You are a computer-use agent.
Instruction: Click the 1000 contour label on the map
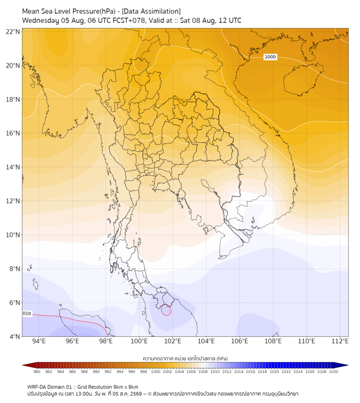pos(270,57)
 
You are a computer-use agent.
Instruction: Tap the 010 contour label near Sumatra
pos(27,313)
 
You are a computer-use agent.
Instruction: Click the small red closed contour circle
pos(166,310)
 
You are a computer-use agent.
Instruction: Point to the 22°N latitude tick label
pos(13,31)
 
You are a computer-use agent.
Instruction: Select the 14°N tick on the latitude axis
pos(13,167)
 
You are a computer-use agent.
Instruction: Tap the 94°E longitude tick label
pos(39,341)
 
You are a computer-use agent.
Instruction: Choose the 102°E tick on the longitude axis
pos(173,341)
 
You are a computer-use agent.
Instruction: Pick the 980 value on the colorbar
pos(37,372)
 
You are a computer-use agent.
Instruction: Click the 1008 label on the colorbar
pos(203,372)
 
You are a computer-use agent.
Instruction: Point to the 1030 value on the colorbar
pos(333,372)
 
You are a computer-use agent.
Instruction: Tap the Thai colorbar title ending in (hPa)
pos(185,358)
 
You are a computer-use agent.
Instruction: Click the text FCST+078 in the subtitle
pos(129,21)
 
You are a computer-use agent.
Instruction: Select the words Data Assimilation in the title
pos(151,11)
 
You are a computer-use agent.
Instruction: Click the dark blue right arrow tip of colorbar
pos(347,365)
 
